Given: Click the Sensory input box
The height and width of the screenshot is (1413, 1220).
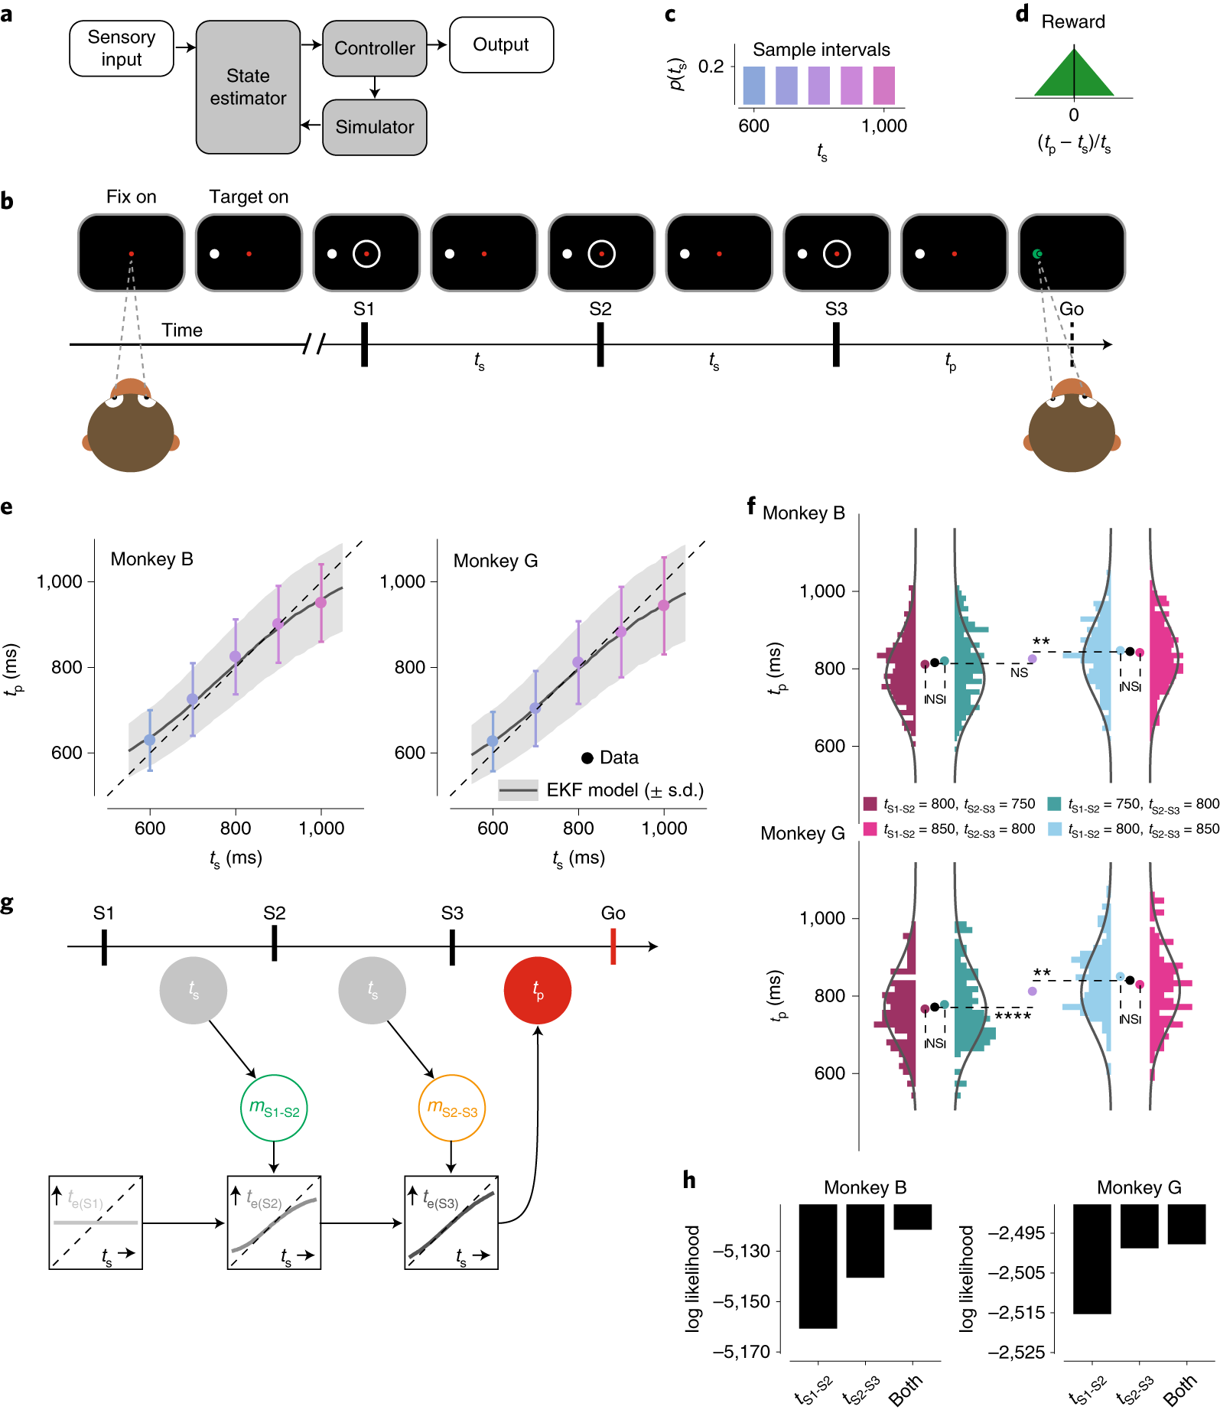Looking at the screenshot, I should point(122,48).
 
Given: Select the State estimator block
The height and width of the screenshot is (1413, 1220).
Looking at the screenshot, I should point(248,87).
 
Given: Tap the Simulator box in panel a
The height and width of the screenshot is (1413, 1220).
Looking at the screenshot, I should point(374,127).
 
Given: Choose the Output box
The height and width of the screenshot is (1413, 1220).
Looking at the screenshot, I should point(501,45).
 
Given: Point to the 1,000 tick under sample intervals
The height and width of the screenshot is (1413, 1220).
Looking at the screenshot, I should point(884,126).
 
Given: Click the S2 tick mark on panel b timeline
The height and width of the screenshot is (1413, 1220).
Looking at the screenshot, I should point(600,344).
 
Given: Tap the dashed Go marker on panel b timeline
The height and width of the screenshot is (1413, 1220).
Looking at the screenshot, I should point(1072,344).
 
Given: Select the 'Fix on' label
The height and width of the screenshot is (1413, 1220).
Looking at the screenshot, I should point(131,197).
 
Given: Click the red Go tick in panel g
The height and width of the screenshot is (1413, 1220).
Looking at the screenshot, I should point(613,946).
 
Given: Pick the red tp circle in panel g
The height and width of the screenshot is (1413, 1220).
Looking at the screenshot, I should point(538,991).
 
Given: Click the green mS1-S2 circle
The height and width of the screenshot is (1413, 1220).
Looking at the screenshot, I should point(274,1109).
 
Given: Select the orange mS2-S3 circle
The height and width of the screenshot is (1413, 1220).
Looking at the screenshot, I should point(452,1109).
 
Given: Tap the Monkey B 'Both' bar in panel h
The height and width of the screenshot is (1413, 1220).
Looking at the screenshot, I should point(913,1217).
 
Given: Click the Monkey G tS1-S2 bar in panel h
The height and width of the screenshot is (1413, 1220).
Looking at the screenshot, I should point(1091,1258).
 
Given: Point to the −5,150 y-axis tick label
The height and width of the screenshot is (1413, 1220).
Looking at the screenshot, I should point(741,1301).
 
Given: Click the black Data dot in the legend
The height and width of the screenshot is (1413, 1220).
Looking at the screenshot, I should point(587,758).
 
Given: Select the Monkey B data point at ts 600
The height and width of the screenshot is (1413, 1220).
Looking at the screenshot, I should point(150,740).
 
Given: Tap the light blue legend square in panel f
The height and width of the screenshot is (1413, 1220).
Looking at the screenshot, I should point(1055,829).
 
